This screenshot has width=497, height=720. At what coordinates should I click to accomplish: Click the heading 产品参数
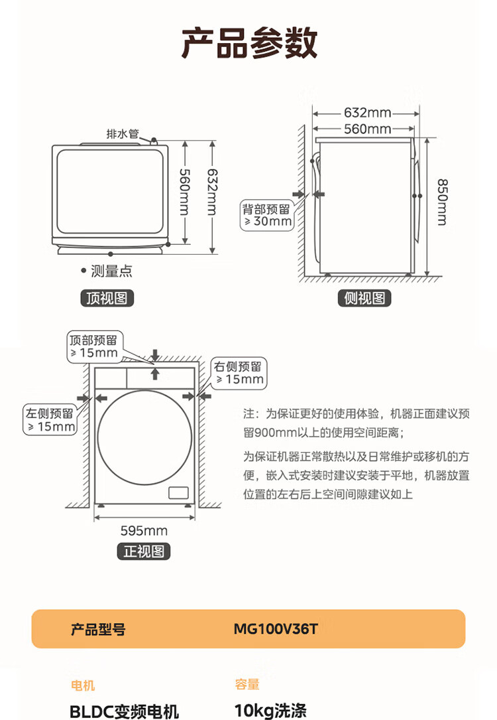click(x=249, y=43)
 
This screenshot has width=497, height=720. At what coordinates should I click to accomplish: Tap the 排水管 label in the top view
click(x=123, y=134)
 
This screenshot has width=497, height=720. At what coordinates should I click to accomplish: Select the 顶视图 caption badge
click(x=107, y=298)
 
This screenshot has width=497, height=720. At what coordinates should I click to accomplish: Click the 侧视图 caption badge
click(x=364, y=298)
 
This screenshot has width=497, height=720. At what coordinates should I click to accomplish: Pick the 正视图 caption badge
click(x=144, y=551)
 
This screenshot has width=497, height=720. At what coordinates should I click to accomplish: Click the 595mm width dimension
click(x=144, y=530)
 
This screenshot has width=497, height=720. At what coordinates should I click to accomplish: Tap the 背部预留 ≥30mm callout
click(x=266, y=215)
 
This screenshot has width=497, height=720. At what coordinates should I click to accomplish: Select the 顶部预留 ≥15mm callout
click(x=93, y=346)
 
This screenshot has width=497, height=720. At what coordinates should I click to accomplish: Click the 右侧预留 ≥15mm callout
click(x=237, y=373)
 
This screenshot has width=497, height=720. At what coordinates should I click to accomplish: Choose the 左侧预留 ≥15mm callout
click(x=50, y=419)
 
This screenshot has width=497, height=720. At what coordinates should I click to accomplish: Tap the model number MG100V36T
click(x=275, y=628)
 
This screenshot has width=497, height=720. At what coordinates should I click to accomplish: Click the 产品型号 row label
click(x=98, y=628)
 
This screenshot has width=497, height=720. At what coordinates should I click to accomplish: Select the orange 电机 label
click(x=82, y=685)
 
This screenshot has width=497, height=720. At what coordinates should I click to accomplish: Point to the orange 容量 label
click(x=247, y=685)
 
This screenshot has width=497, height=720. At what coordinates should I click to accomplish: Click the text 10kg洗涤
click(x=270, y=711)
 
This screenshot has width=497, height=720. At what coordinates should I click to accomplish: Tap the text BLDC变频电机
click(x=125, y=711)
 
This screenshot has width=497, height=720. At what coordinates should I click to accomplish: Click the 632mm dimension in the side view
click(x=366, y=113)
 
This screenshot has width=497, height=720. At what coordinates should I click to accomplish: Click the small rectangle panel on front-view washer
click(x=179, y=492)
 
